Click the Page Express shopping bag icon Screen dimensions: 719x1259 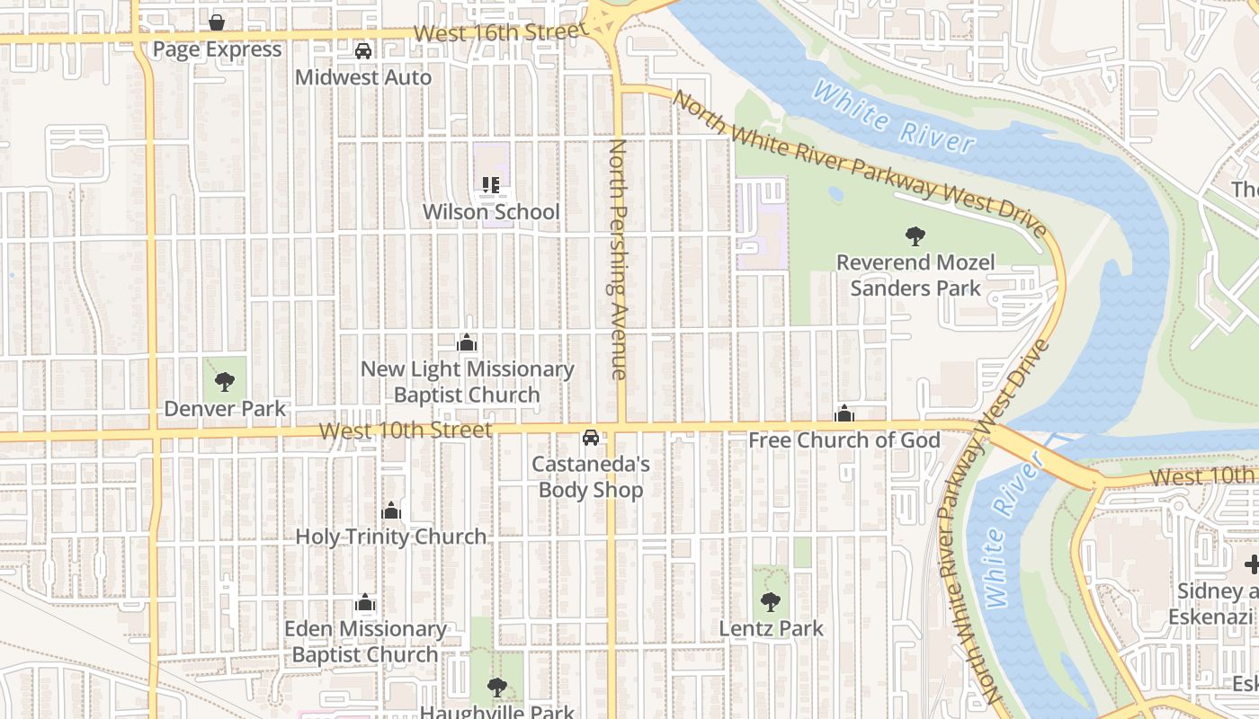tap(217, 22)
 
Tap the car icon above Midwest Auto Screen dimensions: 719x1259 tap(363, 51)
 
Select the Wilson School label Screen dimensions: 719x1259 tap(492, 212)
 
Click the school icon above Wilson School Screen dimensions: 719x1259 tap(491, 186)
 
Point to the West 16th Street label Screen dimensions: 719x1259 tap(500, 31)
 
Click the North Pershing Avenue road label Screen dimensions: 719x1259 tap(617, 259)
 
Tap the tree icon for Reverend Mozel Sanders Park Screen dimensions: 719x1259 tap(915, 236)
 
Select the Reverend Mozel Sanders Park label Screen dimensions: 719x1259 tap(915, 275)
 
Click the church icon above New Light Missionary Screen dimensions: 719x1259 tap(467, 343)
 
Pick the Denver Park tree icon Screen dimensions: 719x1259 tap(225, 383)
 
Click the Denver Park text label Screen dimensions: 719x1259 tap(225, 409)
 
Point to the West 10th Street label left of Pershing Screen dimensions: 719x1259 tap(406, 431)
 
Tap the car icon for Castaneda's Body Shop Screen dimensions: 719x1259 tap(591, 438)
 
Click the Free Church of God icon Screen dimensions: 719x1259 tap(844, 414)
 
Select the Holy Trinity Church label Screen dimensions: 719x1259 tap(391, 537)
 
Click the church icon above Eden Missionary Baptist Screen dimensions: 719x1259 tap(364, 602)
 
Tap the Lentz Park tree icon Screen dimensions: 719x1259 tap(771, 602)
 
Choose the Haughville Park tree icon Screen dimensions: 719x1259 tap(496, 688)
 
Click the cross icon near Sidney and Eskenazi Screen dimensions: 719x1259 tap(1252, 564)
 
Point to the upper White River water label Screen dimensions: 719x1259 tap(893, 117)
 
